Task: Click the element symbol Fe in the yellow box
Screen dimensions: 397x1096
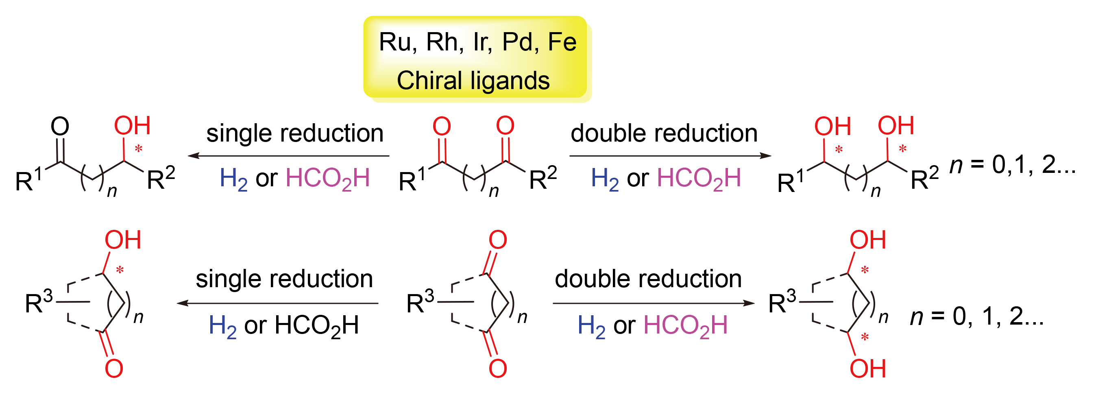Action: click(x=562, y=42)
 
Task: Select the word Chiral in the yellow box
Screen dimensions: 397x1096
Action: click(x=429, y=81)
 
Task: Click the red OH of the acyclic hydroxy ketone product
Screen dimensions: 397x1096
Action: click(x=132, y=126)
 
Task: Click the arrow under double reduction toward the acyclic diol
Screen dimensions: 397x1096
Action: click(x=670, y=156)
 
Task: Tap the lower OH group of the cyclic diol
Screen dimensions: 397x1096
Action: click(x=867, y=369)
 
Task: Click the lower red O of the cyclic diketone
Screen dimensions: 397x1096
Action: click(x=497, y=369)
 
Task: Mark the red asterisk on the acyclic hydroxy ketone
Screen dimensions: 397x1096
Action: click(x=139, y=149)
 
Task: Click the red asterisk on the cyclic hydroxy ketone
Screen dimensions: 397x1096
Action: click(x=120, y=270)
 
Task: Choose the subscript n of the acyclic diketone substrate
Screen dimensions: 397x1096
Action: click(x=494, y=191)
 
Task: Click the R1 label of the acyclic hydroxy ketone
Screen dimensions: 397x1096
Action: click(x=28, y=179)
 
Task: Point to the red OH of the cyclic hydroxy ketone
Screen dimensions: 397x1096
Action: click(x=123, y=240)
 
